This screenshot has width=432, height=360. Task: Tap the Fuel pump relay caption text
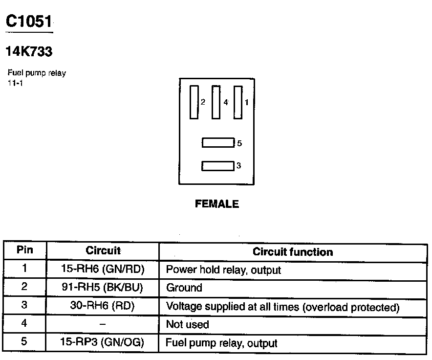[37, 73]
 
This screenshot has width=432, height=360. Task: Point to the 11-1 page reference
[15, 82]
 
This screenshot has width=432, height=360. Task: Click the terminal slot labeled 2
[194, 102]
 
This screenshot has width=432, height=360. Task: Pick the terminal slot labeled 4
[216, 102]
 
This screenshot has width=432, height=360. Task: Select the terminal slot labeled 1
[238, 102]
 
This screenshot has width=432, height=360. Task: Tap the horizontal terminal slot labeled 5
[218, 143]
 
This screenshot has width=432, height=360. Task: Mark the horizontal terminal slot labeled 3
[217, 166]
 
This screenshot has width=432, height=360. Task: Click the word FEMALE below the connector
[217, 204]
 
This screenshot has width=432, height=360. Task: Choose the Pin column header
[25, 250]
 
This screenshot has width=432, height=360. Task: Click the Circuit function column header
[293, 252]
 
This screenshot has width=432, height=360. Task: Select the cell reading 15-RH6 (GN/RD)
[103, 269]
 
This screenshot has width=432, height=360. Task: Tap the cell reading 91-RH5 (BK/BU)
[103, 287]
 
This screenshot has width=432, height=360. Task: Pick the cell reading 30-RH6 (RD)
[103, 306]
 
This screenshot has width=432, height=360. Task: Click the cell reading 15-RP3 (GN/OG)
[103, 342]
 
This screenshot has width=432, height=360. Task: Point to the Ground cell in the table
[184, 288]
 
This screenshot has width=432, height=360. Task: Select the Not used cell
[187, 324]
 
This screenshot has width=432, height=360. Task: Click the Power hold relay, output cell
[223, 270]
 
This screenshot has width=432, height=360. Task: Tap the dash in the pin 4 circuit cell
[103, 324]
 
